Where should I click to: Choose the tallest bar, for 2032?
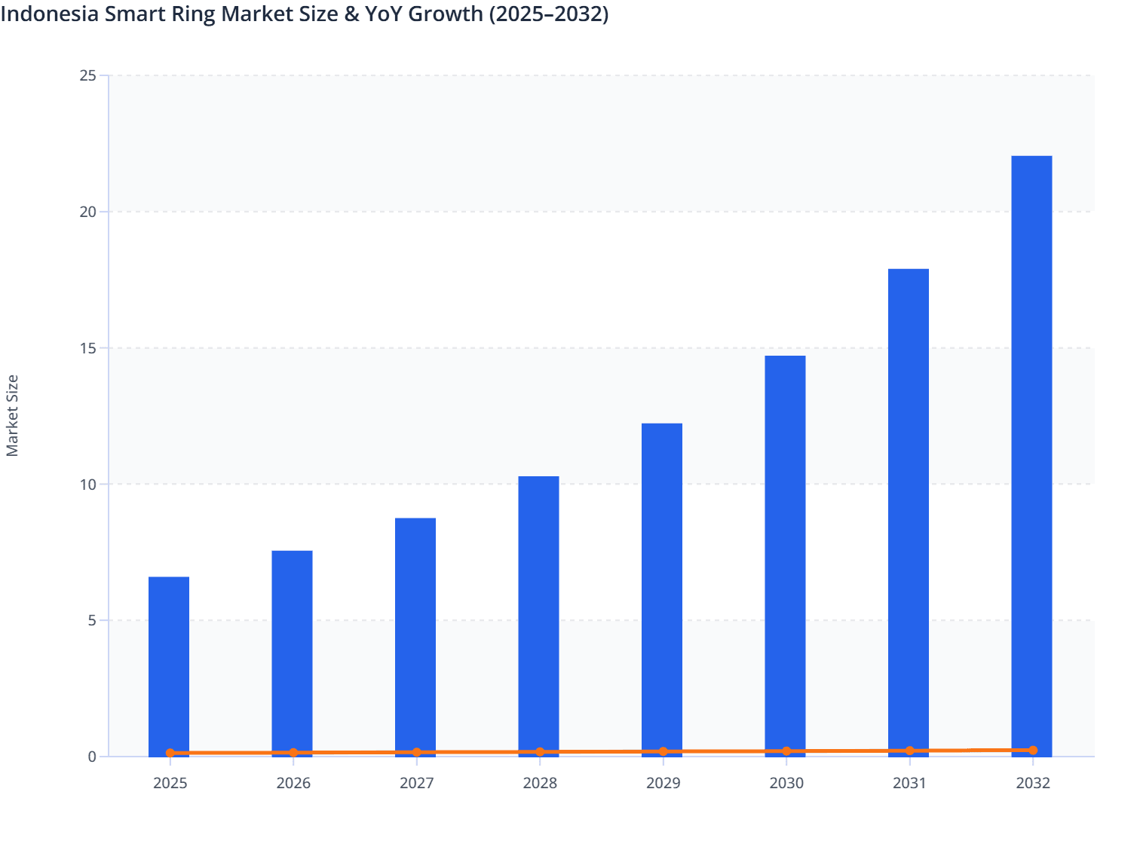(x=1031, y=452)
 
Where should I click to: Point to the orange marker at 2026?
(x=293, y=753)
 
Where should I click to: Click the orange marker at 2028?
(x=540, y=752)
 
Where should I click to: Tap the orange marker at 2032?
(x=1033, y=751)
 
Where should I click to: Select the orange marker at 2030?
(x=786, y=751)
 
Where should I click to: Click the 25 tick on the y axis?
(x=88, y=75)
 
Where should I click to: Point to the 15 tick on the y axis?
(x=88, y=348)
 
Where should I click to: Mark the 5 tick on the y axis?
(x=92, y=620)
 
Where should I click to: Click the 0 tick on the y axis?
(x=92, y=757)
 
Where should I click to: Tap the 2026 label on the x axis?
(x=293, y=784)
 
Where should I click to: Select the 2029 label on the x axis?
(x=663, y=784)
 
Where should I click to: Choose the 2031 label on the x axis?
(x=909, y=784)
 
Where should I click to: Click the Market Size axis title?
(x=13, y=415)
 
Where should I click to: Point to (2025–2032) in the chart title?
(x=548, y=14)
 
